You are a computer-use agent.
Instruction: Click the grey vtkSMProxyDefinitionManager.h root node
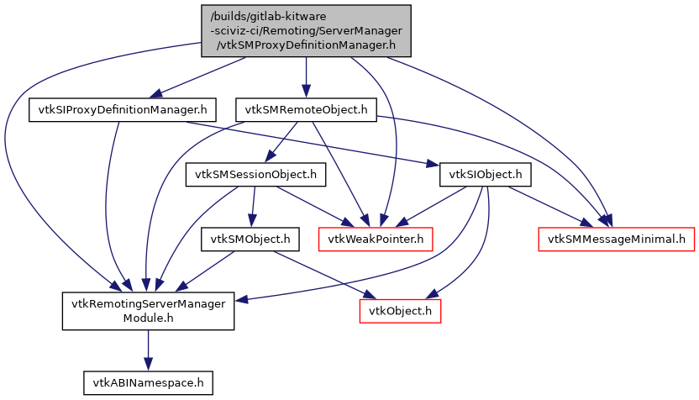(306, 31)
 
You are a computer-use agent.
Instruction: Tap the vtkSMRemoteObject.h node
(305, 110)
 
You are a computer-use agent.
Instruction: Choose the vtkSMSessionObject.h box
(255, 175)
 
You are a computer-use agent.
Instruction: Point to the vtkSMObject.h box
(250, 239)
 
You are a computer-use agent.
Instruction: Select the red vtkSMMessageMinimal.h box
(616, 239)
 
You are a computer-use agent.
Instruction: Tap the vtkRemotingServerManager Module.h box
(148, 311)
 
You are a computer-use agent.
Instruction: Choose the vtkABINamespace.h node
(147, 382)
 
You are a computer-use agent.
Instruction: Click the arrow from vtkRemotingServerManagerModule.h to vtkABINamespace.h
(148, 349)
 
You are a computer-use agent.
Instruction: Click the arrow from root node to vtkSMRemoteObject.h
(306, 77)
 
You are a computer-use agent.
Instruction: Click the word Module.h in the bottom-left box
(148, 319)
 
